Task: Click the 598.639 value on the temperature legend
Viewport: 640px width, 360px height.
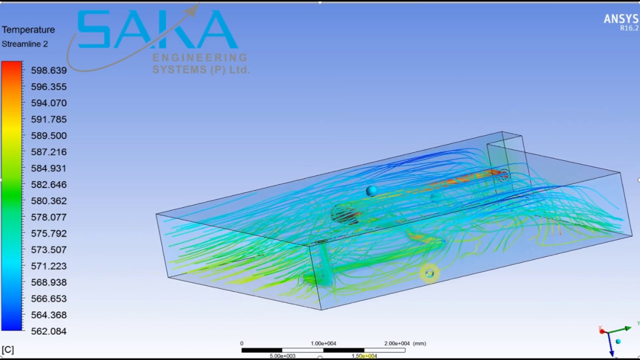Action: (48, 70)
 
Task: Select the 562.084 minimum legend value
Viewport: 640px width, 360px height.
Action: (48, 331)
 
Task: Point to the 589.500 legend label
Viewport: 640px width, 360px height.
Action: (48, 135)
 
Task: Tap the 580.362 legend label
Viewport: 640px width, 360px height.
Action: (48, 201)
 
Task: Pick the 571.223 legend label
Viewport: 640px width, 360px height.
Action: (48, 266)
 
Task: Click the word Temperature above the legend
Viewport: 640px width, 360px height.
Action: (28, 30)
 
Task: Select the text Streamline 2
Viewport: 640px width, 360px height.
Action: (24, 44)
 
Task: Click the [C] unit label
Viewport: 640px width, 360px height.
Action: (7, 349)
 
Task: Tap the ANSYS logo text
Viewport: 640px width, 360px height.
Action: (620, 19)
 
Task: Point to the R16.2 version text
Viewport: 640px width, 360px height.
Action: (629, 28)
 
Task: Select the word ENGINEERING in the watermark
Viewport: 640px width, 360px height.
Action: (199, 57)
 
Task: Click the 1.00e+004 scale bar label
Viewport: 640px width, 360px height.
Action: (323, 343)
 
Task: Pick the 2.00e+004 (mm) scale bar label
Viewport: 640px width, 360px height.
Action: (404, 343)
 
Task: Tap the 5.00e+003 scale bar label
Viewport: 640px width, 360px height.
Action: (282, 356)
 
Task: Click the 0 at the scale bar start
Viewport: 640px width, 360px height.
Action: (241, 343)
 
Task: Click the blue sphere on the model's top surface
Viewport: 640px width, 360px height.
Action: (371, 190)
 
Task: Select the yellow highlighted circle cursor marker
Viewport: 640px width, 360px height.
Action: (429, 273)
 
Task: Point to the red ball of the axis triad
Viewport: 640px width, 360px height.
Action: (601, 331)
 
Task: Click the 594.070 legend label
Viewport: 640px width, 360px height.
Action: (48, 103)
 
